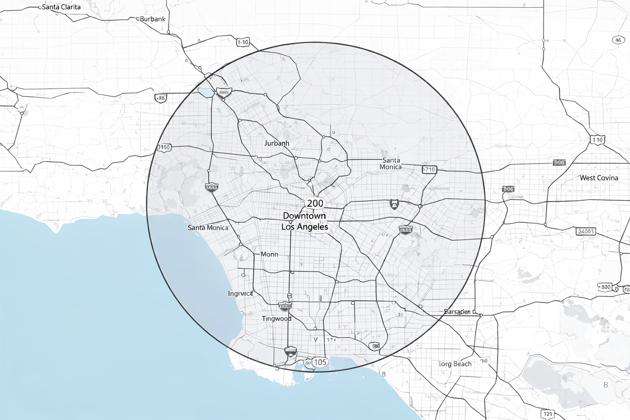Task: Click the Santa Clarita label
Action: [62, 7]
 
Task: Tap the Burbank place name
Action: [153, 19]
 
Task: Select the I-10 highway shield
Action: [243, 42]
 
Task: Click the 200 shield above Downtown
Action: [315, 203]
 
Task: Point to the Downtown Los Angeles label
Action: [305, 221]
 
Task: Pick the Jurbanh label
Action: [276, 143]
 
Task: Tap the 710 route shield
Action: [429, 169]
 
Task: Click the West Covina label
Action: [598, 178]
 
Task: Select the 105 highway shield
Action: [320, 362]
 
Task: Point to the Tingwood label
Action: [276, 318]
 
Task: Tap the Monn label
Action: [269, 254]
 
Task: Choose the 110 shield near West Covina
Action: [598, 140]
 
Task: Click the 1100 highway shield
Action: [164, 147]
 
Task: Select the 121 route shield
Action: [548, 414]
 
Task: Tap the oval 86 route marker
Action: [618, 40]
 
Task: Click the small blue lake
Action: [205, 92]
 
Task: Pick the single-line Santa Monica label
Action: [208, 228]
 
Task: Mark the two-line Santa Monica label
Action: [390, 163]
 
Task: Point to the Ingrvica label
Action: [240, 294]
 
